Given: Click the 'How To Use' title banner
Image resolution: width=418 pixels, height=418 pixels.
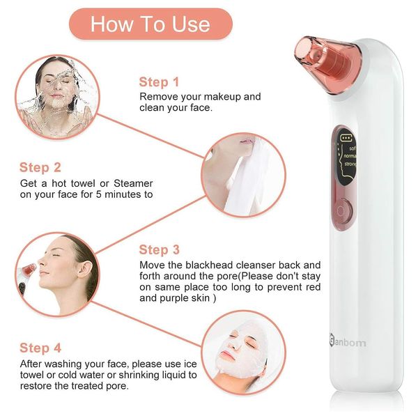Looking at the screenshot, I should point(150,24).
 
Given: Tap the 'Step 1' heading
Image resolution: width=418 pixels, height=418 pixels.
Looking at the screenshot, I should point(159,82).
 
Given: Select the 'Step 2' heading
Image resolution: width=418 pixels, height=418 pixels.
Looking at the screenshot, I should point(40,167).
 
